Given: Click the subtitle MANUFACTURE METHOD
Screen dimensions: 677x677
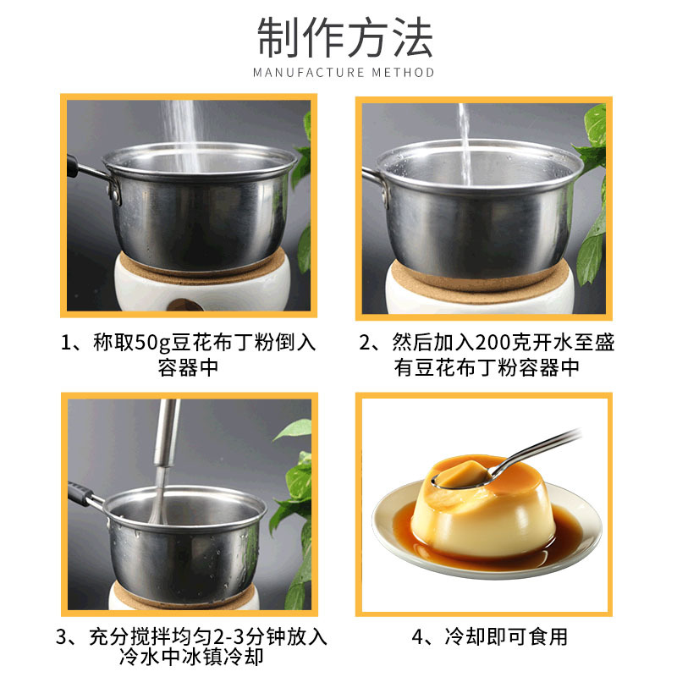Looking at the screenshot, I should [x=344, y=73].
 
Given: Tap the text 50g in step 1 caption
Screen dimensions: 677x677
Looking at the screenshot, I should [x=153, y=343].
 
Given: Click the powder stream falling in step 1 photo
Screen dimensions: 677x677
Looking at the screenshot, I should [x=182, y=127].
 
